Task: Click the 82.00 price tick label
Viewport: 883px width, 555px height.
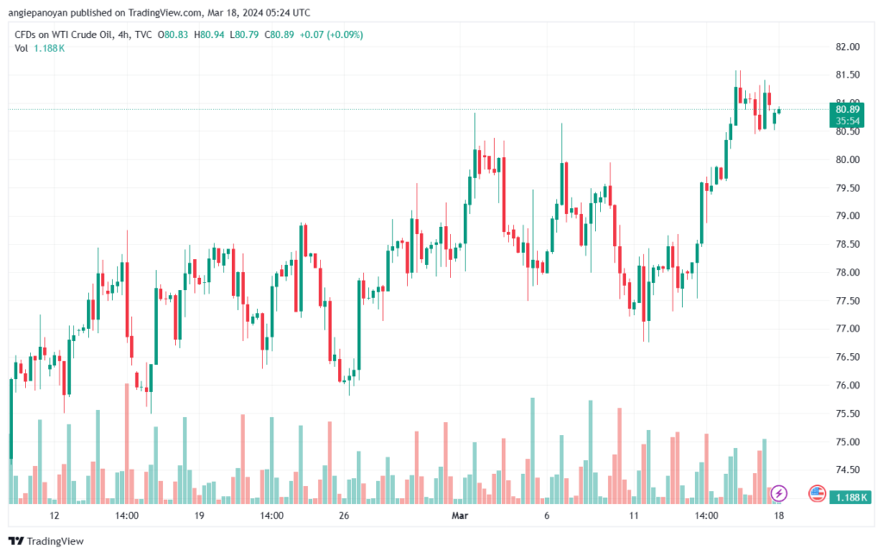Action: (x=848, y=47)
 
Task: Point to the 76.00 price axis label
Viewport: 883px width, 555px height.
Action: (x=848, y=386)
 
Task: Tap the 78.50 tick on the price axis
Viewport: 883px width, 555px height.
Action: (x=848, y=244)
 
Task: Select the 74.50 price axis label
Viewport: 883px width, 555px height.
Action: (x=848, y=470)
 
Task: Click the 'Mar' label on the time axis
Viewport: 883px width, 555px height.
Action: (x=460, y=515)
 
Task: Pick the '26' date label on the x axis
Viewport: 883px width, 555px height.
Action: (x=344, y=515)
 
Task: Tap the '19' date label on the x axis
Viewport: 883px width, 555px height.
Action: (x=199, y=515)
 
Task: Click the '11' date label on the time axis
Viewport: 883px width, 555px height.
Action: (x=634, y=515)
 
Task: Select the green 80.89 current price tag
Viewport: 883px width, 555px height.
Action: (x=848, y=110)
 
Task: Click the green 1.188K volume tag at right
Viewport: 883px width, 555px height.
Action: (x=850, y=497)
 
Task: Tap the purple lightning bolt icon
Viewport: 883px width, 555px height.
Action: (x=779, y=494)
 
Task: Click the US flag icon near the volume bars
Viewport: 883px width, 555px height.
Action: (x=817, y=494)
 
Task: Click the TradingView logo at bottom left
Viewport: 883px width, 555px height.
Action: (x=47, y=541)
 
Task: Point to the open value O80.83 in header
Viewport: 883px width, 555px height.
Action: (x=172, y=35)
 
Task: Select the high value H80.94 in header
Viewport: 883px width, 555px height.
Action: (x=209, y=35)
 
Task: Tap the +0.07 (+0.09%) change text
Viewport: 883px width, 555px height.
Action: (x=331, y=35)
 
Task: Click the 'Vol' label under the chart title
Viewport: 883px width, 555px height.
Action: (x=21, y=48)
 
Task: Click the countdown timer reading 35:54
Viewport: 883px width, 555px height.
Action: (x=848, y=121)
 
